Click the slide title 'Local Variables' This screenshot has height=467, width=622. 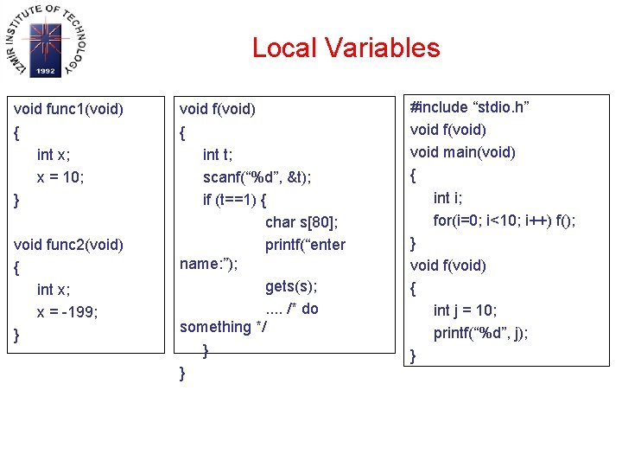click(346, 48)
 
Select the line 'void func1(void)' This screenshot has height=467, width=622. click(69, 110)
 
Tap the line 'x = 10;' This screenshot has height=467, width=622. click(60, 176)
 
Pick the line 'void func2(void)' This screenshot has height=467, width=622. click(69, 245)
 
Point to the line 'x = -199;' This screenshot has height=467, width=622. click(67, 312)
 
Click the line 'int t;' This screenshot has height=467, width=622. click(217, 155)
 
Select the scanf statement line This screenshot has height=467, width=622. click(257, 177)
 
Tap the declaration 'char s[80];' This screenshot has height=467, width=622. click(301, 222)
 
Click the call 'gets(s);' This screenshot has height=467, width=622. click(291, 286)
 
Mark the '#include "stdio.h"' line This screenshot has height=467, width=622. click(470, 107)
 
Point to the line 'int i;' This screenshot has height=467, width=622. click(447, 198)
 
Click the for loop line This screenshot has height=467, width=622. click(504, 221)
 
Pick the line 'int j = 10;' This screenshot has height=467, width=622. click(465, 310)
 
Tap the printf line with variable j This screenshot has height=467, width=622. click(480, 333)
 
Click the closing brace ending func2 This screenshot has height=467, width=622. click(18, 336)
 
